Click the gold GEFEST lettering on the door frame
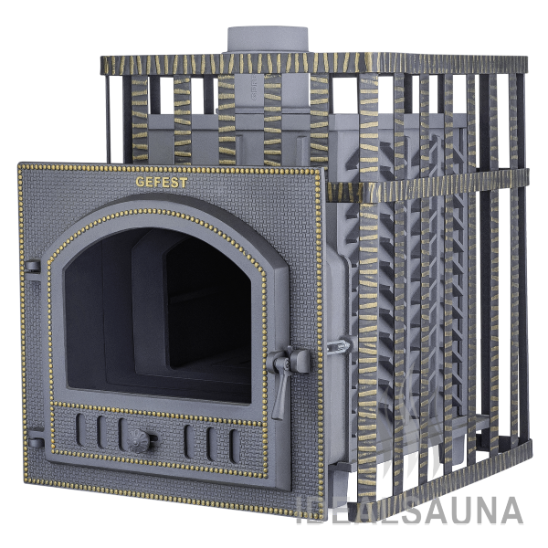coord(162,183)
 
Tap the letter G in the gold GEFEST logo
coord(140,182)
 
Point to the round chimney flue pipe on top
coord(269,40)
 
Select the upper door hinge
coord(32,269)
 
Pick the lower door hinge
coord(36,443)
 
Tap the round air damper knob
coord(139,440)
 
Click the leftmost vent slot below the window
coord(80,430)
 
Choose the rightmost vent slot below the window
coord(234,446)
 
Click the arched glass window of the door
coord(157,314)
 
